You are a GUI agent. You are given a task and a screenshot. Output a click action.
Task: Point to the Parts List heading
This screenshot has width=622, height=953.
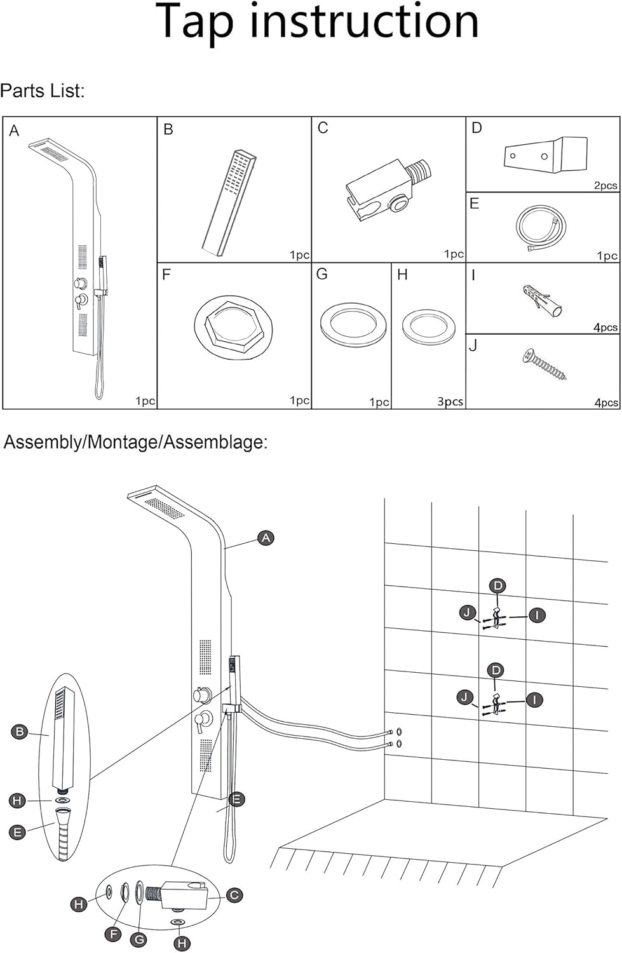[x=42, y=91]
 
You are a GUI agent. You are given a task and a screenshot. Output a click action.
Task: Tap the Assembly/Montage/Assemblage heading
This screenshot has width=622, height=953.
[x=136, y=442]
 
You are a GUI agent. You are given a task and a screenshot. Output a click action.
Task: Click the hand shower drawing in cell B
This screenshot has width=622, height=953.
[x=229, y=203]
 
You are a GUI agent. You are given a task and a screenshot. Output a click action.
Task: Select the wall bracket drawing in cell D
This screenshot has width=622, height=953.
[x=546, y=154]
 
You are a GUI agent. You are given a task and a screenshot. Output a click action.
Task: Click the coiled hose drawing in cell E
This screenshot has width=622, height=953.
[x=541, y=227]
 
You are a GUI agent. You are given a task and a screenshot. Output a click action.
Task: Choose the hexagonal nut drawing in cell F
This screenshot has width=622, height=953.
[x=234, y=327]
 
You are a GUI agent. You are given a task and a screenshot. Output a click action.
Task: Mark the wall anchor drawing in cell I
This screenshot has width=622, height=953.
[x=542, y=301]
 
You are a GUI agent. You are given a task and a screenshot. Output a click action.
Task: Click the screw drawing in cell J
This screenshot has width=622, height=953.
[x=544, y=365]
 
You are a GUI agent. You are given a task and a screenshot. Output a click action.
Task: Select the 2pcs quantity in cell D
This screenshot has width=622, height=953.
[x=605, y=186]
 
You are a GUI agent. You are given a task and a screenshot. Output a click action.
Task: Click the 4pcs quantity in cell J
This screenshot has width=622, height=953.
[x=606, y=402]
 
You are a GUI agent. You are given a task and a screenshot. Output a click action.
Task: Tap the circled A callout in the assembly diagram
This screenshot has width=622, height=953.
[x=266, y=538]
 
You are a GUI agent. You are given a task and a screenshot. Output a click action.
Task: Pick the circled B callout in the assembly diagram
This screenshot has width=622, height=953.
[x=20, y=732]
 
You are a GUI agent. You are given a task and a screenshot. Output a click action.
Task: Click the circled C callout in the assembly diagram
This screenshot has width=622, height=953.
[x=234, y=895]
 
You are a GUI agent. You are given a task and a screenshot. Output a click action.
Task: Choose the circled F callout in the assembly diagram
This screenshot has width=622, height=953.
[x=114, y=935]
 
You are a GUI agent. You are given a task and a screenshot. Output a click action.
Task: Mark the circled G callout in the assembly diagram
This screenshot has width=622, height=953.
[x=140, y=940]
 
